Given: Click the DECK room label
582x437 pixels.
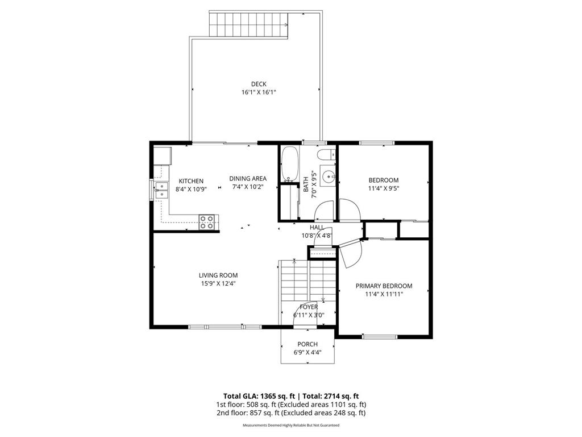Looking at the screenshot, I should tap(259, 84).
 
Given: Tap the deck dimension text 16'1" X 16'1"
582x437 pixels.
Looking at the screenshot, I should tap(259, 92).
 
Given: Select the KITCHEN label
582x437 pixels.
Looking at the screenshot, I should tap(191, 181).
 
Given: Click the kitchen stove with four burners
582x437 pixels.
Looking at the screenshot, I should tap(209, 222).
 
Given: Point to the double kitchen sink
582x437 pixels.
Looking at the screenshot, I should tap(161, 190).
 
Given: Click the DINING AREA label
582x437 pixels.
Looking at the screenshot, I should tap(248, 179).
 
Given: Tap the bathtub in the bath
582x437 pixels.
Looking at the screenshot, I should tap(289, 164).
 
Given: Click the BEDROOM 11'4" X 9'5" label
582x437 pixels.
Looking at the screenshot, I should tap(384, 180).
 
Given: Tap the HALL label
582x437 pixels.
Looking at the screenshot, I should tap(317, 228).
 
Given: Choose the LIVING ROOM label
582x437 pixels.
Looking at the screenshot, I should tap(218, 275).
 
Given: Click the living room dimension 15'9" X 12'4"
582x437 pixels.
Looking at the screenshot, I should tap(218, 283).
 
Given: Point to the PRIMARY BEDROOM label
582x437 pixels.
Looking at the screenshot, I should tap(384, 286).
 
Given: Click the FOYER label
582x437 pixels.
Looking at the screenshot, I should tap(309, 307).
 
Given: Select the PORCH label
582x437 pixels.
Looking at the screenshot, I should tap(307, 344).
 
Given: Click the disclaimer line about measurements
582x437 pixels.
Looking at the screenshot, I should tap(291, 425).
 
